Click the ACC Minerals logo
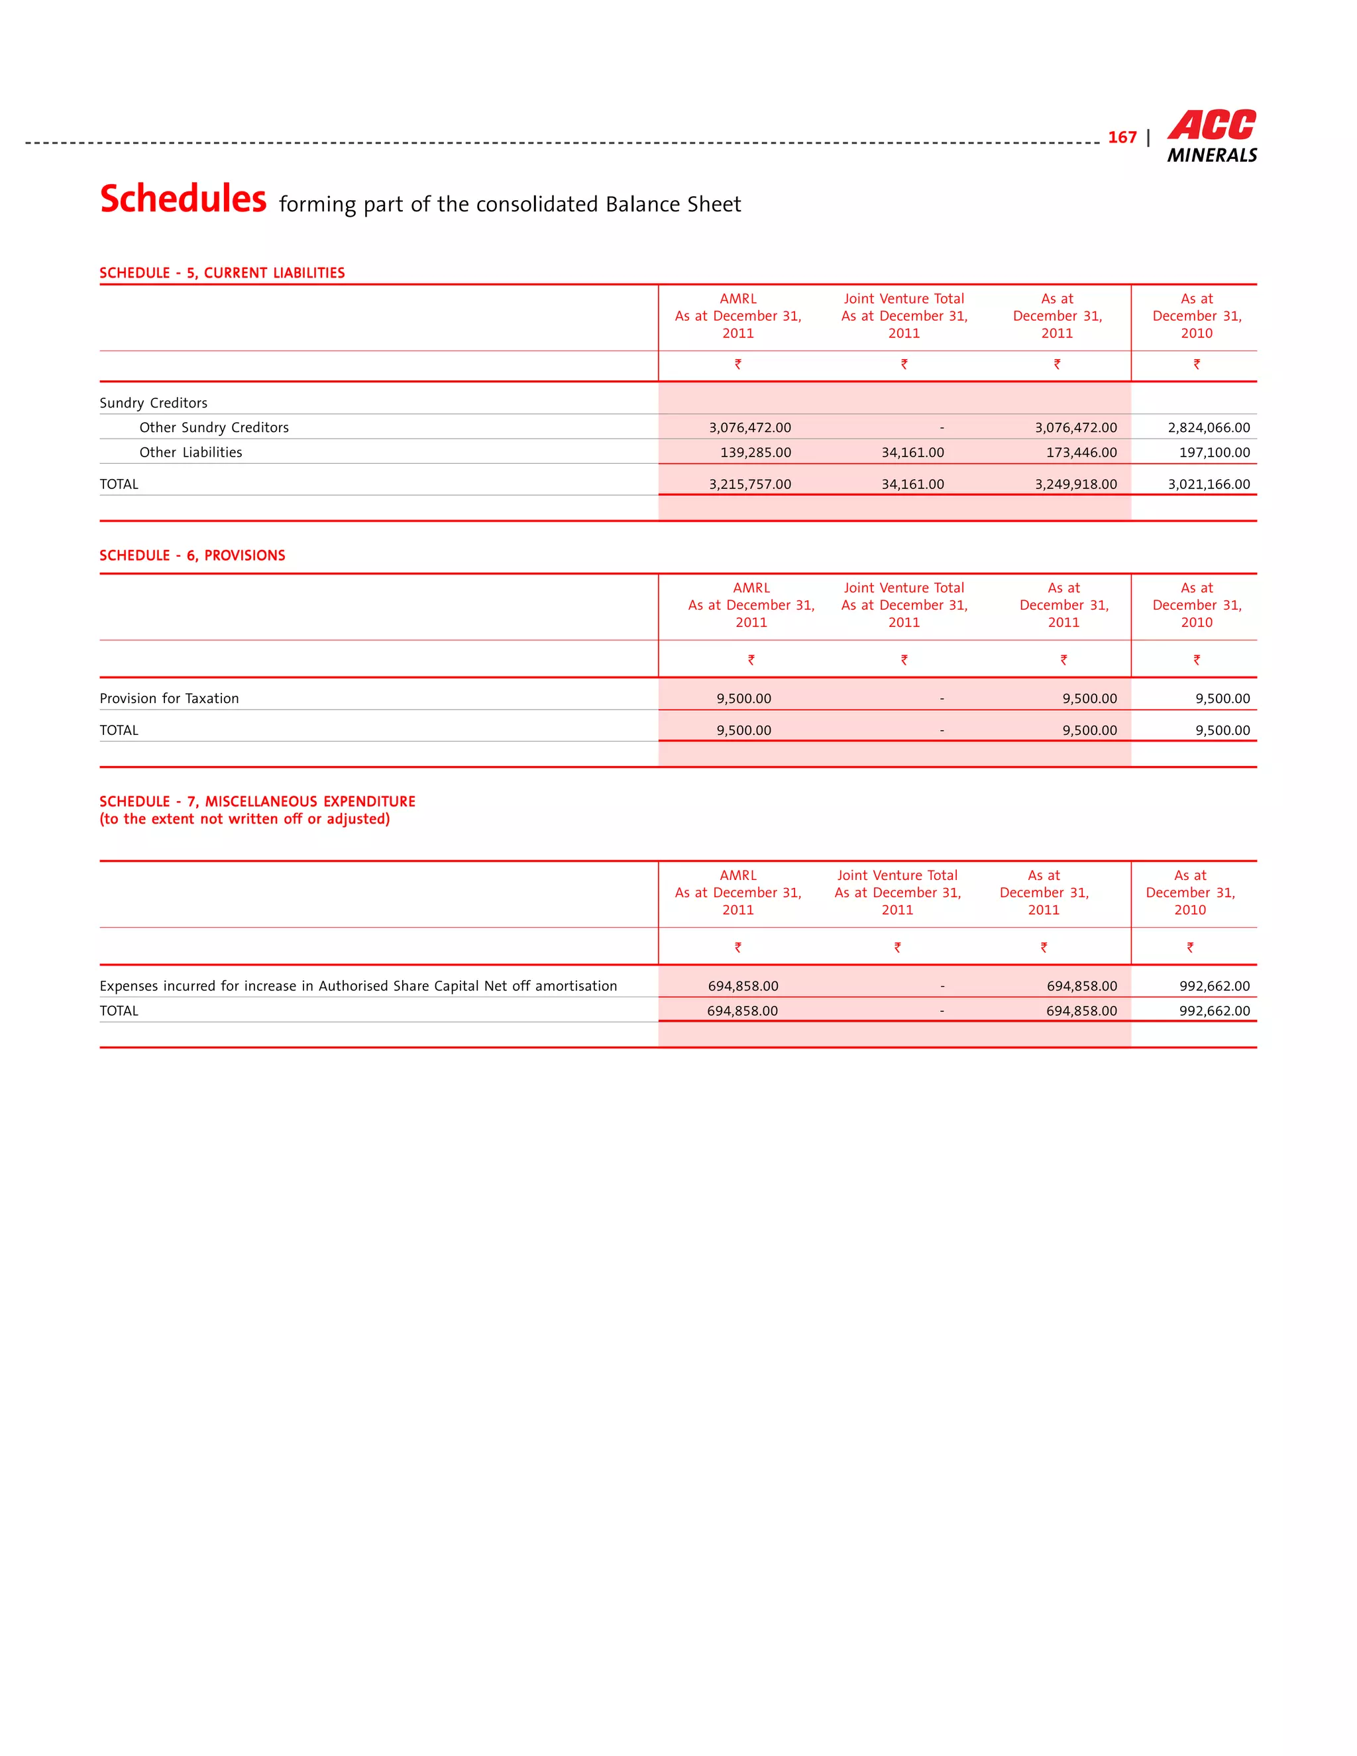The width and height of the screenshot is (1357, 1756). (1211, 137)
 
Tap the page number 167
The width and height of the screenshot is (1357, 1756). (1122, 137)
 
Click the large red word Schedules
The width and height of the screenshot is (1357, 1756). (184, 199)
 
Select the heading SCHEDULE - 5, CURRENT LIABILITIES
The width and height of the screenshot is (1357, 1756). (222, 272)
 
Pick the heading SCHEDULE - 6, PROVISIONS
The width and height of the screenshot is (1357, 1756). (192, 555)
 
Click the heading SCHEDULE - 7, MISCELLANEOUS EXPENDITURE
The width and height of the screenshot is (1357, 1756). (257, 802)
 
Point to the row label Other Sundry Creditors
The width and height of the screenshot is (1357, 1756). (214, 428)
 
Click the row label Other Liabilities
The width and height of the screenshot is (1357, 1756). (191, 453)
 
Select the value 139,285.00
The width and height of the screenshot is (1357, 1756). (755, 453)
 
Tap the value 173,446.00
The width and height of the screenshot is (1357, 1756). (1081, 453)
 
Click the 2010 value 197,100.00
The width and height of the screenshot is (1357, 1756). (1214, 453)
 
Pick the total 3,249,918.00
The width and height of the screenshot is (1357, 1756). (1075, 484)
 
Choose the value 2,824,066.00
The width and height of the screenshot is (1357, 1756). (1209, 428)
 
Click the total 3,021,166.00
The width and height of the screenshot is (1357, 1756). (1209, 484)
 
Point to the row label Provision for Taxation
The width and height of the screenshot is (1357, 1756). (169, 698)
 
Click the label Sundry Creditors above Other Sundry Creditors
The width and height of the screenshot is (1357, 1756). (154, 403)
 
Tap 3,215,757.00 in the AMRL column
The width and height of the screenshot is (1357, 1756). (749, 484)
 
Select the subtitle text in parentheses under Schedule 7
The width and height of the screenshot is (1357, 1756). (244, 819)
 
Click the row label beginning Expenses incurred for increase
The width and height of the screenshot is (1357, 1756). (358, 986)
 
